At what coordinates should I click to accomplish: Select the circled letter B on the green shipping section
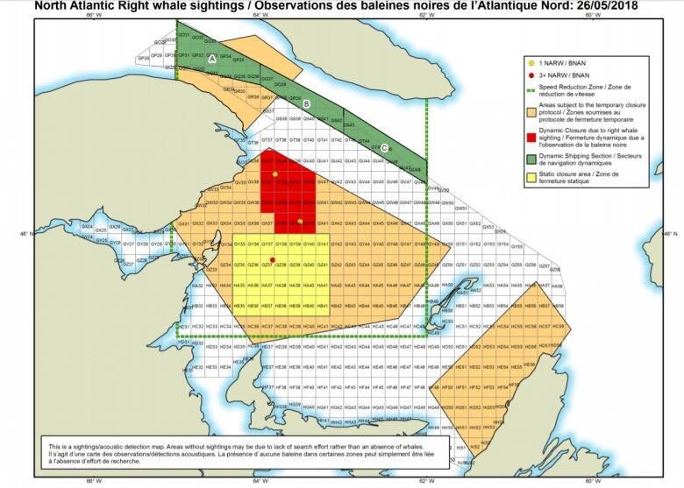(x=306, y=104)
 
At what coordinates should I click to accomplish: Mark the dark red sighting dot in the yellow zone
(x=274, y=259)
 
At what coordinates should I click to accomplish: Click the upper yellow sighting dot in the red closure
(x=275, y=174)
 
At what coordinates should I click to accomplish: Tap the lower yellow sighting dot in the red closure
(x=300, y=221)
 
